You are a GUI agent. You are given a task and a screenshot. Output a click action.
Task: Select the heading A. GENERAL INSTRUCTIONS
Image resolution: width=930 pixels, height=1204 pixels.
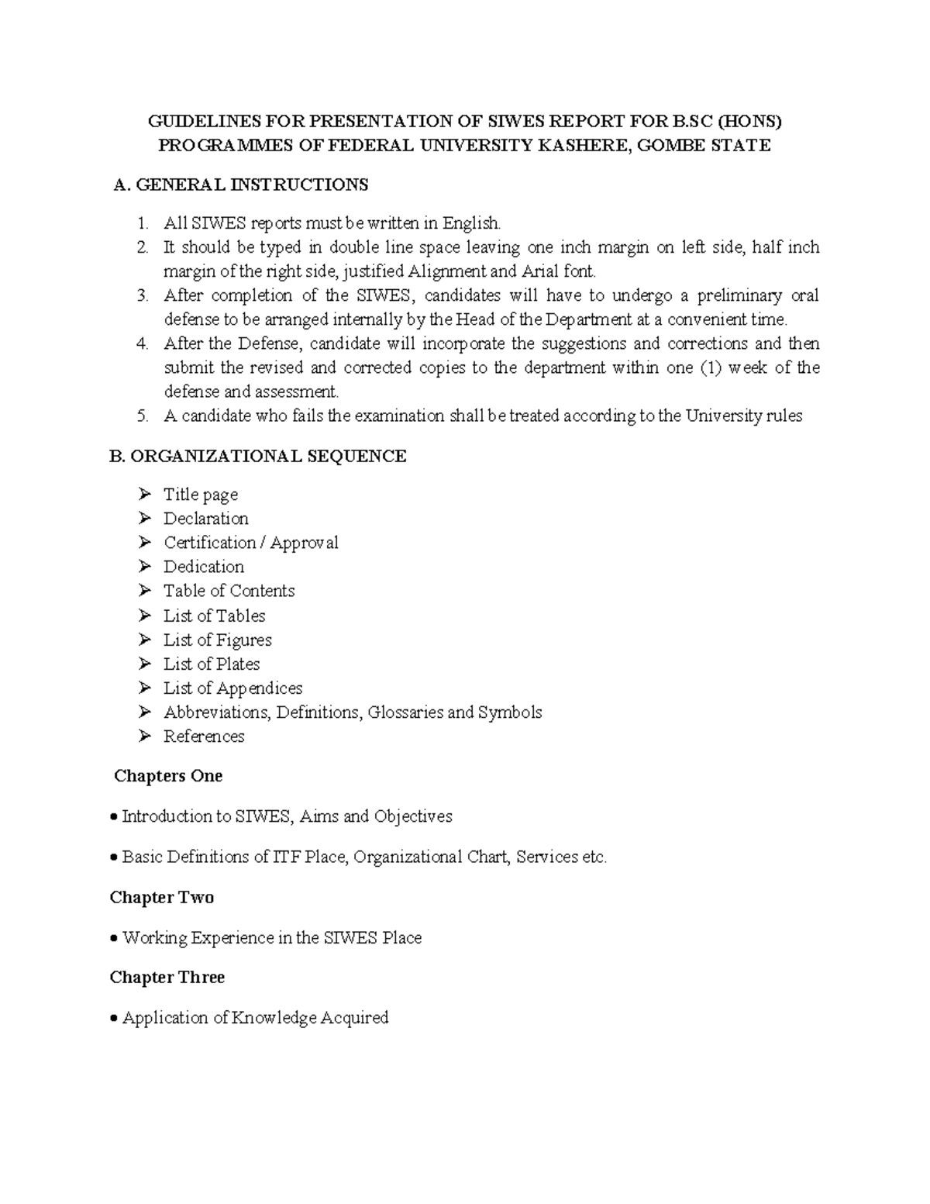pos(241,185)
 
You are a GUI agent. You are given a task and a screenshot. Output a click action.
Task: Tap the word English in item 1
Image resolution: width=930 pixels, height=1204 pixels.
pos(471,223)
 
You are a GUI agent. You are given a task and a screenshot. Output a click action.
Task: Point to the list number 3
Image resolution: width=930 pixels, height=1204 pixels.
pos(142,295)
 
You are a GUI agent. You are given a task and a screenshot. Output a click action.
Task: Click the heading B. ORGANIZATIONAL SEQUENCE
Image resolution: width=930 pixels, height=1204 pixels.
pos(258,456)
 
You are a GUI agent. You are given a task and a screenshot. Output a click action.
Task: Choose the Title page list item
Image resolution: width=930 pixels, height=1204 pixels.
pos(201,495)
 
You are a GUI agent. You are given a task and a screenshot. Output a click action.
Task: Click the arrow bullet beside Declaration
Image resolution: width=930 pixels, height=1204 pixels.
pos(145,518)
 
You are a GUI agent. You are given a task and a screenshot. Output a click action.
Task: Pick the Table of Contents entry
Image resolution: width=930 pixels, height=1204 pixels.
pos(229,591)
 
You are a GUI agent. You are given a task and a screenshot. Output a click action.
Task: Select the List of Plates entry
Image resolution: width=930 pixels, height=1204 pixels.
pos(212,664)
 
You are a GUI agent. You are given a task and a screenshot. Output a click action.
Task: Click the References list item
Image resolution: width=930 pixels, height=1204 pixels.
pos(204,736)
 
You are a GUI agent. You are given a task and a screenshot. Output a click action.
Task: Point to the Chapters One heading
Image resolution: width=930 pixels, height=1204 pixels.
pos(168,776)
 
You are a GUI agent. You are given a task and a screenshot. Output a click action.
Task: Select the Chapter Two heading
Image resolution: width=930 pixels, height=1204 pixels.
pos(162,897)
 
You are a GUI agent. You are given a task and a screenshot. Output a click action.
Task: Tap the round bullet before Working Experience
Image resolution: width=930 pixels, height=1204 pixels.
pos(114,939)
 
